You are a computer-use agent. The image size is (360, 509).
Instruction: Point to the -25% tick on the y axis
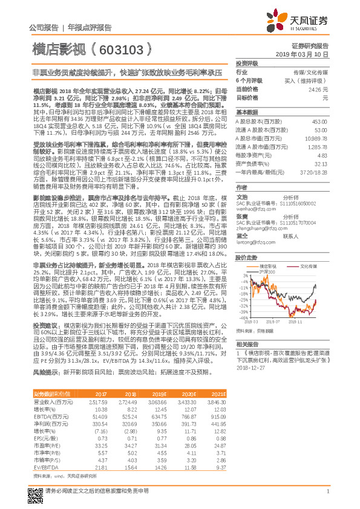tap(242, 299)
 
